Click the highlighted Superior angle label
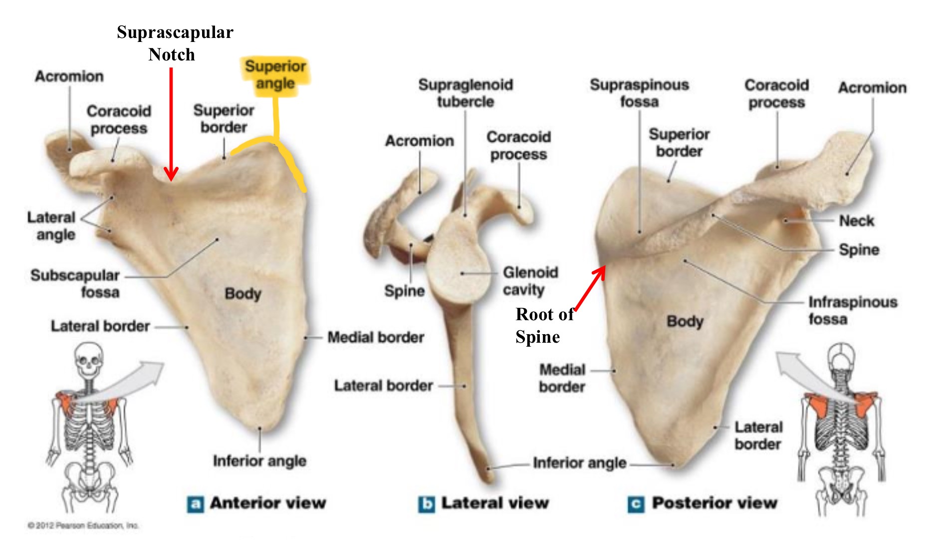[275, 74]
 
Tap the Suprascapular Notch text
[175, 43]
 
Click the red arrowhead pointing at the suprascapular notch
[171, 175]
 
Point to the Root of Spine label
[543, 325]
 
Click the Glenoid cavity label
[530, 281]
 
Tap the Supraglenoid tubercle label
[466, 93]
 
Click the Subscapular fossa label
[75, 283]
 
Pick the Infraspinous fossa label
[852, 310]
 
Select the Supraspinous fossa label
[639, 93]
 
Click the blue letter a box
[195, 504]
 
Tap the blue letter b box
[426, 504]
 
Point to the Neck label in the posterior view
[856, 220]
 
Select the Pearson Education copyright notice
[83, 525]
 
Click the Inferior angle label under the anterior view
[259, 461]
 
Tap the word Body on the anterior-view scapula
[242, 293]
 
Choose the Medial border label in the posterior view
[562, 378]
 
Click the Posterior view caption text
[714, 503]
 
